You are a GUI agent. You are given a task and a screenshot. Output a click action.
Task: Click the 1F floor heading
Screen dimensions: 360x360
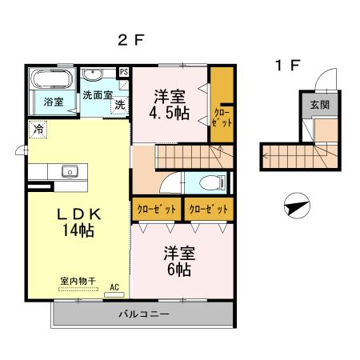coord(287,66)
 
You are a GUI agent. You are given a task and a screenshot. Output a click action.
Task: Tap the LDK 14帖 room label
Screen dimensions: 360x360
coord(77,222)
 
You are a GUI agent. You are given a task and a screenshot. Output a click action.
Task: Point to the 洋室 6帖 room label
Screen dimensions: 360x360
coord(178,261)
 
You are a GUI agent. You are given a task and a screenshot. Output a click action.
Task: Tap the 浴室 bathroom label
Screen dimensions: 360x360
coord(54,102)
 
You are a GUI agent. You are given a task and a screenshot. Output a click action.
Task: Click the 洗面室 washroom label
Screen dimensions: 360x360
coord(98,94)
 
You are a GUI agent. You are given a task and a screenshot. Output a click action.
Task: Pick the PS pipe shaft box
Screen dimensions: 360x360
coord(123,71)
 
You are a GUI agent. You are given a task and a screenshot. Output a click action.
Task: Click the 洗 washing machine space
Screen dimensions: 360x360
coord(118,105)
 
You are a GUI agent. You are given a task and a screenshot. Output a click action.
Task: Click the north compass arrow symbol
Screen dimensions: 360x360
coord(295,206)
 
